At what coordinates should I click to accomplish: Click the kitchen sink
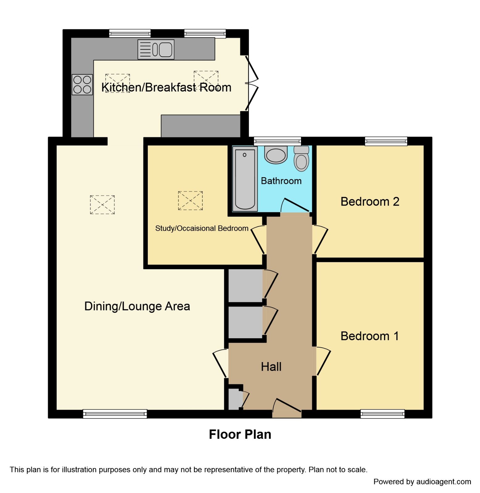point(156,49)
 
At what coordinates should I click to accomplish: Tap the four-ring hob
point(82,84)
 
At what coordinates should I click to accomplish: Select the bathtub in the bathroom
point(245,179)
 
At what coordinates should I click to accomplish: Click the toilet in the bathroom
point(301,159)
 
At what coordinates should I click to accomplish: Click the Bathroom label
point(281,181)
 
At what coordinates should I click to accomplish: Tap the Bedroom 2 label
point(370,202)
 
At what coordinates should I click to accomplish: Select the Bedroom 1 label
point(370,336)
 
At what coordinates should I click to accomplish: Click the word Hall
point(271,367)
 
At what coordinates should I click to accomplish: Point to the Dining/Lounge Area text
point(137,306)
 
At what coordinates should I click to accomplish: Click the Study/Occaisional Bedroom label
point(201,228)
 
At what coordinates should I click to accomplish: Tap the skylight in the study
point(190,201)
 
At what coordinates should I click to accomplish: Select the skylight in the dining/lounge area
point(102,205)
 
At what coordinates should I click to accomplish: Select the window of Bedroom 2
point(386,141)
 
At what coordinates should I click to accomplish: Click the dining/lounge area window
point(115,414)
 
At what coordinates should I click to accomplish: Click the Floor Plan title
point(240,434)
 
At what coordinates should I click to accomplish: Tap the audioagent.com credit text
point(422,482)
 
